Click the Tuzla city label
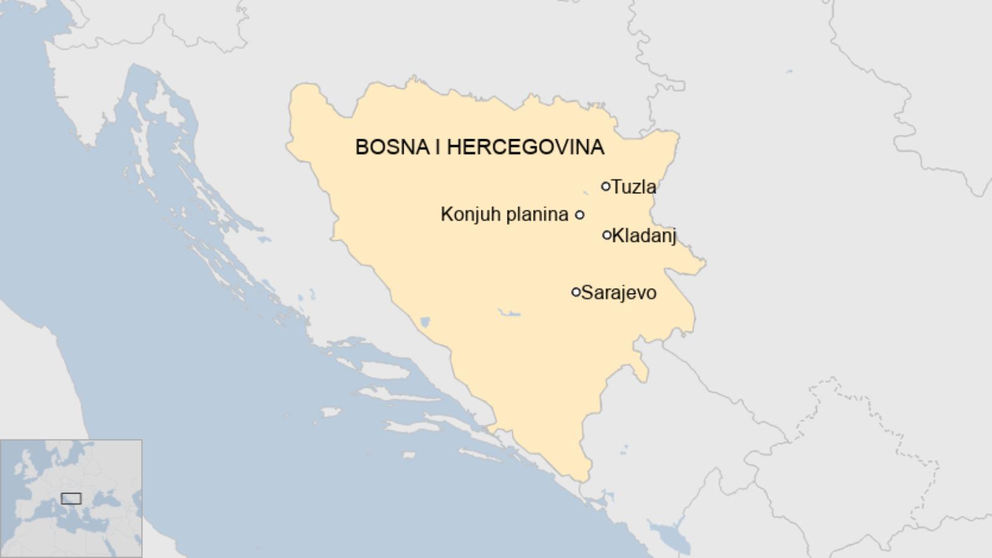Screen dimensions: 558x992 (634, 187)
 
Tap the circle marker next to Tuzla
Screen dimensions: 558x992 (605, 186)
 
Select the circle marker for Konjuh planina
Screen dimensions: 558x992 (579, 215)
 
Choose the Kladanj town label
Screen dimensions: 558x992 (644, 235)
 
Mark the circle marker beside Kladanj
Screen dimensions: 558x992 (607, 235)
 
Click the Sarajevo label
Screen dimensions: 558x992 (619, 293)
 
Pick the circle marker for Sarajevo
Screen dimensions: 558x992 (576, 292)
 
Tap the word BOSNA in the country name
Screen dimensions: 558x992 (392, 147)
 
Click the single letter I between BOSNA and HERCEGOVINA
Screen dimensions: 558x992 (438, 147)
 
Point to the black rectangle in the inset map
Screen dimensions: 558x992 (71, 498)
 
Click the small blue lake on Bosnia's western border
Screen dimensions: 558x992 (425, 322)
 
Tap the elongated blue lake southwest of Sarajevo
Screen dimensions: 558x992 (509, 313)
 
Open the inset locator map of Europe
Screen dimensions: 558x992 (71, 498)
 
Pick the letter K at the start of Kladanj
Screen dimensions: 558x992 (617, 235)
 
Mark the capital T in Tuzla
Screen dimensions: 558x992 (616, 187)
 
